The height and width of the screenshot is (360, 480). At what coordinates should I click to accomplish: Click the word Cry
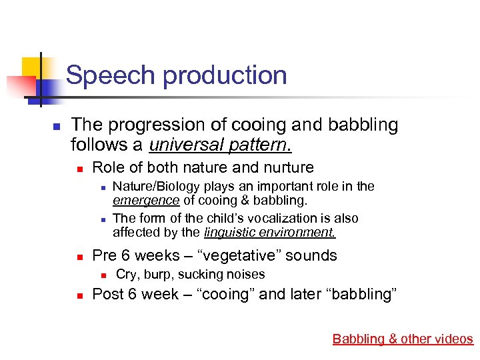point(125,274)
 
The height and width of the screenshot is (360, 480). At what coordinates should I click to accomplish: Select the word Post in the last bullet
point(107,294)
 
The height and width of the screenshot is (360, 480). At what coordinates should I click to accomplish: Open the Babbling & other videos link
point(403,339)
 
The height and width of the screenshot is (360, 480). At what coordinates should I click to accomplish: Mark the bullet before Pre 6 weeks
point(78,256)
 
